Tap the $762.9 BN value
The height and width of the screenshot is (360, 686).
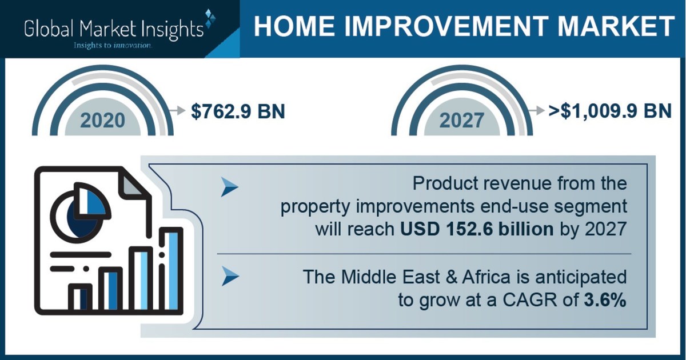[238, 110]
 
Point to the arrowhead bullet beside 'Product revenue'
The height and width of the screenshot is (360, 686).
[230, 187]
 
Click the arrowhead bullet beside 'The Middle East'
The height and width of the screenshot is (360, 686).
[230, 278]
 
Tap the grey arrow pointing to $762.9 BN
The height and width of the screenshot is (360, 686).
[177, 110]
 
